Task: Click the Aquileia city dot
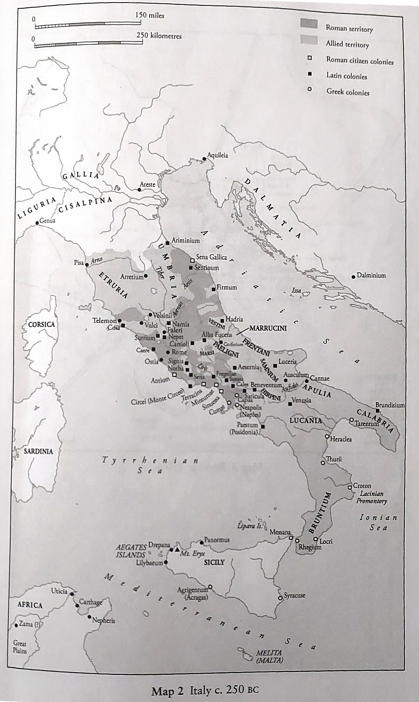pyautogui.click(x=204, y=159)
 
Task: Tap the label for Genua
pyautogui.click(x=47, y=220)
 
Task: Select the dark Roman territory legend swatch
pyautogui.click(x=309, y=24)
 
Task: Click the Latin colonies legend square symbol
pyautogui.click(x=310, y=74)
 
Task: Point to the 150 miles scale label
pyautogui.click(x=150, y=15)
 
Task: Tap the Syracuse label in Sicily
pyautogui.click(x=294, y=595)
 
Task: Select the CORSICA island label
pyautogui.click(x=41, y=324)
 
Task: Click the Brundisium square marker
pyautogui.click(x=378, y=411)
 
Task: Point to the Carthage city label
pyautogui.click(x=90, y=602)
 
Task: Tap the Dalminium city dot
pyautogui.click(x=353, y=277)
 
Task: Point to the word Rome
pyautogui.click(x=179, y=352)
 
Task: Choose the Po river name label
pyautogui.click(x=117, y=188)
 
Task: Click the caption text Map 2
pyautogui.click(x=167, y=689)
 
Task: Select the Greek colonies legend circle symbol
pyautogui.click(x=310, y=89)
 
